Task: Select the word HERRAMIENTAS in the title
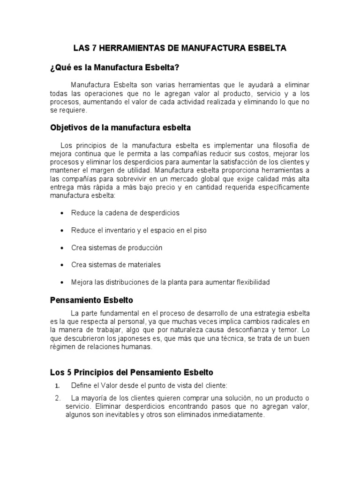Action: point(126,48)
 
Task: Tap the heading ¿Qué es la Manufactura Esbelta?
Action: point(115,68)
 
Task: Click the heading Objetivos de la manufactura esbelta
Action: point(120,127)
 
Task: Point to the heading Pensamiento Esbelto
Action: point(92,300)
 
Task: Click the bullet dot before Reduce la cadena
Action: point(62,213)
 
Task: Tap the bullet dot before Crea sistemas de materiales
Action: point(62,265)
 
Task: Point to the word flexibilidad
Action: point(249,282)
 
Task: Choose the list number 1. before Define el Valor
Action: point(57,386)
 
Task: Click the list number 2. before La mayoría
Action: point(57,398)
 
